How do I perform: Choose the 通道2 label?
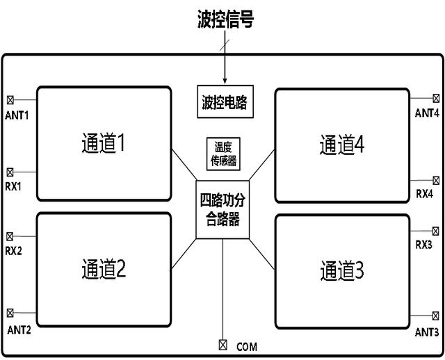coord(102,270)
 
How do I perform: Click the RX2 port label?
coord(15,249)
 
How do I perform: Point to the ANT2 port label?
coord(19,329)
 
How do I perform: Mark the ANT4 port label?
coord(427,113)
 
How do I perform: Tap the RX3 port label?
coord(425,245)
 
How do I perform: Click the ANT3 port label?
coord(427,332)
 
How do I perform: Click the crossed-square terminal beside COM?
coord(222,344)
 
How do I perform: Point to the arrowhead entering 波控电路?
coord(224,81)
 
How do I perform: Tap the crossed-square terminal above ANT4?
coord(436,99)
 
